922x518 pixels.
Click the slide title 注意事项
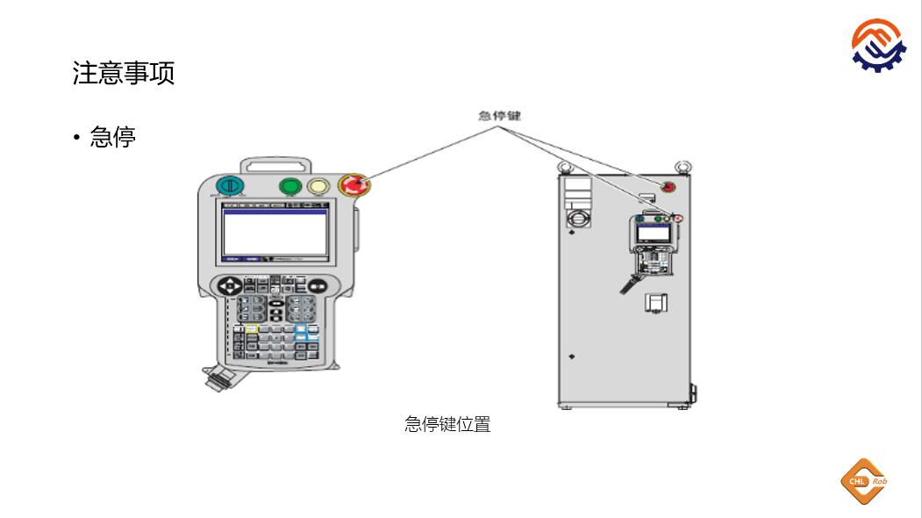coord(123,73)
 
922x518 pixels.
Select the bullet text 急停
coord(112,137)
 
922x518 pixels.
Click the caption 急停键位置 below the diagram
coord(447,424)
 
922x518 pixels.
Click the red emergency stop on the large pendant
coord(355,185)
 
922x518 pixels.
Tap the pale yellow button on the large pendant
coord(318,186)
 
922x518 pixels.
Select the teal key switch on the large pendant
coord(229,186)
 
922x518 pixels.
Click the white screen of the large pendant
coord(275,234)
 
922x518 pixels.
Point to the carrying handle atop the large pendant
coord(275,164)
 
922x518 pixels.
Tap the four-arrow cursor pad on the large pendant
coord(231,286)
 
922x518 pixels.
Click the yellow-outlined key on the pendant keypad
coord(251,328)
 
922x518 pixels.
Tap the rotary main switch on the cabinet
coord(578,216)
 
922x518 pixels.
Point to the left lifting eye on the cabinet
coord(566,164)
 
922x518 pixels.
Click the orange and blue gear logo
coord(882,43)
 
